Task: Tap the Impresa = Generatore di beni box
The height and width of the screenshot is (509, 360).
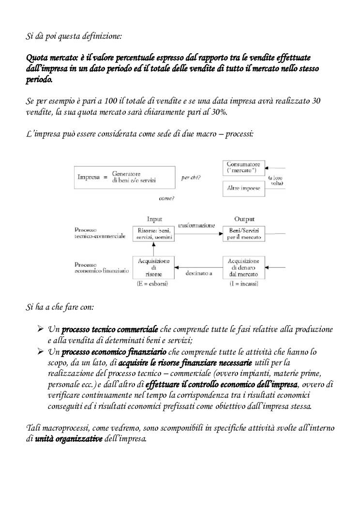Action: point(124,177)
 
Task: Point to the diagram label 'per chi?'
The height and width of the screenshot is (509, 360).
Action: point(191,178)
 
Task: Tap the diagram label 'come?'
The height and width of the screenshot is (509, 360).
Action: point(166,198)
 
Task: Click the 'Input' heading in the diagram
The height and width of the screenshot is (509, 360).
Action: point(154,219)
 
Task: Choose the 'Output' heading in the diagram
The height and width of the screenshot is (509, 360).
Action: point(244,219)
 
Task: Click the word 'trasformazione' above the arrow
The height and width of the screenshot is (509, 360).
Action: point(196,225)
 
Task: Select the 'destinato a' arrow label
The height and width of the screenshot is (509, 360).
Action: point(199,273)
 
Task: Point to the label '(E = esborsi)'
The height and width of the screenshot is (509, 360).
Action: point(153,284)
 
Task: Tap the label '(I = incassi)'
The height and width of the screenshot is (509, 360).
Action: point(244,284)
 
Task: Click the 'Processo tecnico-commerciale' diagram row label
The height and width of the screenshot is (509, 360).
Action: point(100,233)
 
